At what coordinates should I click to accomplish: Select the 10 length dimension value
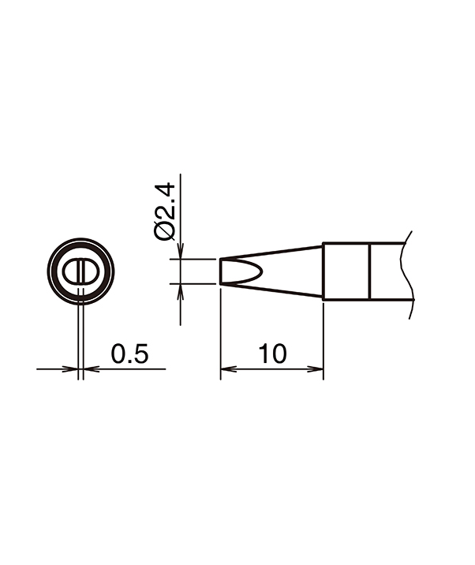[272, 354]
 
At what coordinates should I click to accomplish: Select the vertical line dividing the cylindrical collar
[369, 271]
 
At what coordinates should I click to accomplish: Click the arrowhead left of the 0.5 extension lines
[73, 368]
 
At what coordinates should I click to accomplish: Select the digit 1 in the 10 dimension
[263, 354]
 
